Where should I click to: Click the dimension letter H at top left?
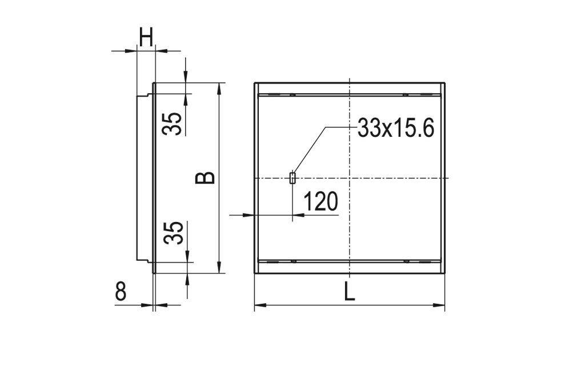coord(146,38)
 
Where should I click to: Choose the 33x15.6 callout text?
coord(396,128)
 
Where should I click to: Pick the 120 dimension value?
coord(320,202)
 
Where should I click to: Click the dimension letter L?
coord(350,293)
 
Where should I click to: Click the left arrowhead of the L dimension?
coord(258,305)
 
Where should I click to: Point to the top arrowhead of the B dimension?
coord(219,86)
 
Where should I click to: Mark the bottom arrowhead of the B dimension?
coord(219,269)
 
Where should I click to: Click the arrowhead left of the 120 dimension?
coord(250,215)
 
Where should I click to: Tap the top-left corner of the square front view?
coord(255,84)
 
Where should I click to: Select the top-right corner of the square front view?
coord(444,84)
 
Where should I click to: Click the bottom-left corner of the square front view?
coord(255,273)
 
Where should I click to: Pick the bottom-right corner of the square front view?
coord(444,273)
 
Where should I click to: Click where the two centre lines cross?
coord(349,178)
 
